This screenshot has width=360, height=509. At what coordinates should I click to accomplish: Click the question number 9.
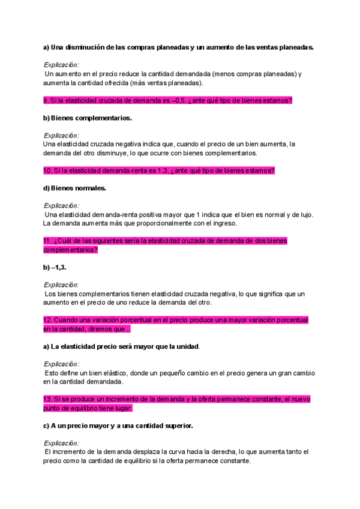46,100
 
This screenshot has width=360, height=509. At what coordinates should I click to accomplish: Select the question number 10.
48,170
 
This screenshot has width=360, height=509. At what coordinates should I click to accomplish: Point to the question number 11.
48,241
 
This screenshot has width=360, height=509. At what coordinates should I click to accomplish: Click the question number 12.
48,319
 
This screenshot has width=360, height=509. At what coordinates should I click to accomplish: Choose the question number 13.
48,399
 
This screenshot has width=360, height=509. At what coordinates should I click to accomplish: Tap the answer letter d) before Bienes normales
46,188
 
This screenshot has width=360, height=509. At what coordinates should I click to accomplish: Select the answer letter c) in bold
46,426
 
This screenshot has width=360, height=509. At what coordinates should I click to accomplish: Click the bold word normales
89,188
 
